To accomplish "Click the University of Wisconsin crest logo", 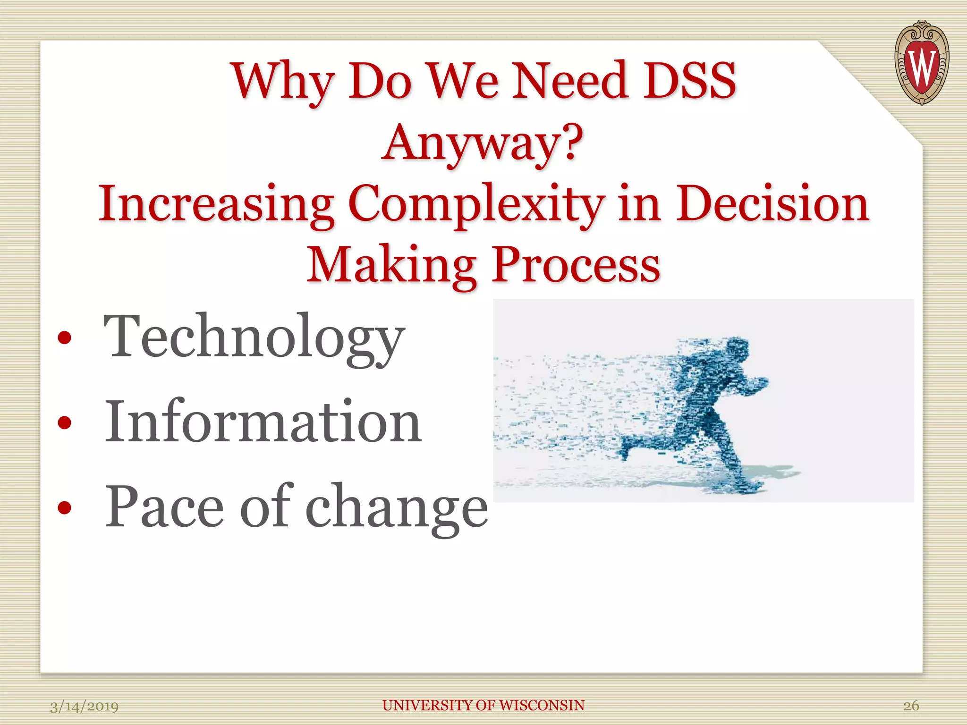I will tap(921, 62).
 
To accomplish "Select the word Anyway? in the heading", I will tap(483, 143).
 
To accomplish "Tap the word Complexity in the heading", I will tap(477, 204).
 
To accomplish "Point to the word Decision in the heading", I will tap(772, 204).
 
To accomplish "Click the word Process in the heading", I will tap(576, 265).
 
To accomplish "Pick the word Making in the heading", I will tap(391, 265).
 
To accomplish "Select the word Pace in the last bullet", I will tap(164, 507).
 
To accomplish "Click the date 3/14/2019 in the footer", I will tap(84, 707).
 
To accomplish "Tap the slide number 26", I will tap(911, 706).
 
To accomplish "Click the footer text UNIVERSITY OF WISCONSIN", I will tap(483, 706).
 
